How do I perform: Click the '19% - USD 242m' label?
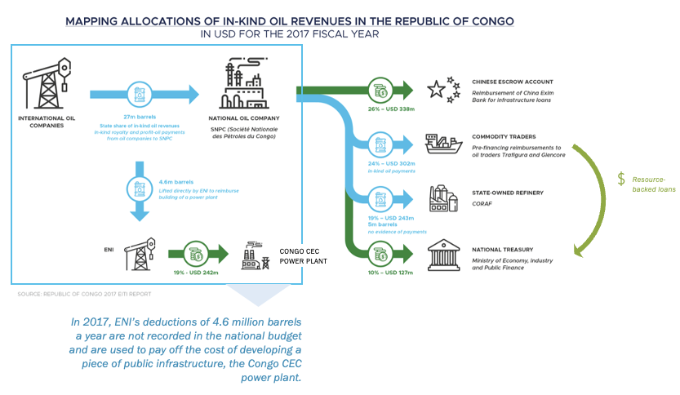(x=195, y=272)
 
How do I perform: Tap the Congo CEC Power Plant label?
(x=304, y=256)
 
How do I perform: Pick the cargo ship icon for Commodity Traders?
(x=446, y=144)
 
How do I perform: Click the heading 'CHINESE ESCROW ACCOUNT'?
(x=512, y=82)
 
